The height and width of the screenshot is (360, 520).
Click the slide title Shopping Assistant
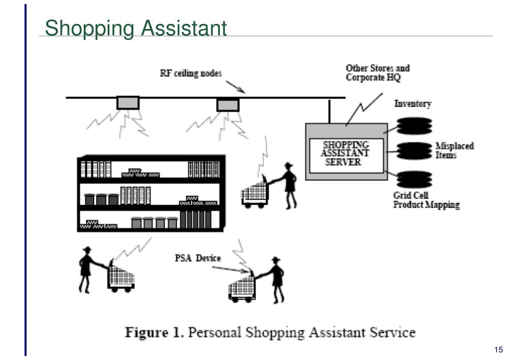click(x=136, y=28)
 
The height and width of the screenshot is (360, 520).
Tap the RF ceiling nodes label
click(x=190, y=74)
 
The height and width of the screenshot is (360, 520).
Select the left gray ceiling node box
click(x=127, y=103)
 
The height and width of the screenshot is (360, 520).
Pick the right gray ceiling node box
click(x=227, y=105)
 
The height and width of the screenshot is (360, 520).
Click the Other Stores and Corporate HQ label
click(x=377, y=73)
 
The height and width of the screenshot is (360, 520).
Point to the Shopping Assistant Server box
click(x=347, y=152)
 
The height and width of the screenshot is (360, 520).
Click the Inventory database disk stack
click(x=414, y=125)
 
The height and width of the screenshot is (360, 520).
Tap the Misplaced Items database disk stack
click(x=414, y=150)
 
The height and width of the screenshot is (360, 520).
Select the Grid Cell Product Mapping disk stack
click(x=414, y=179)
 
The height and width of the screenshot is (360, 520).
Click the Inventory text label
click(x=413, y=104)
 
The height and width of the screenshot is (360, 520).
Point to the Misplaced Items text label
click(x=454, y=150)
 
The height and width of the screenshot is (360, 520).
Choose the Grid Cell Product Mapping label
click(x=426, y=201)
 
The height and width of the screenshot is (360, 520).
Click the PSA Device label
click(x=198, y=258)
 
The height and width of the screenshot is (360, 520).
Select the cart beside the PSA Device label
click(x=242, y=288)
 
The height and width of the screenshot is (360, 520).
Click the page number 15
click(x=498, y=350)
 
